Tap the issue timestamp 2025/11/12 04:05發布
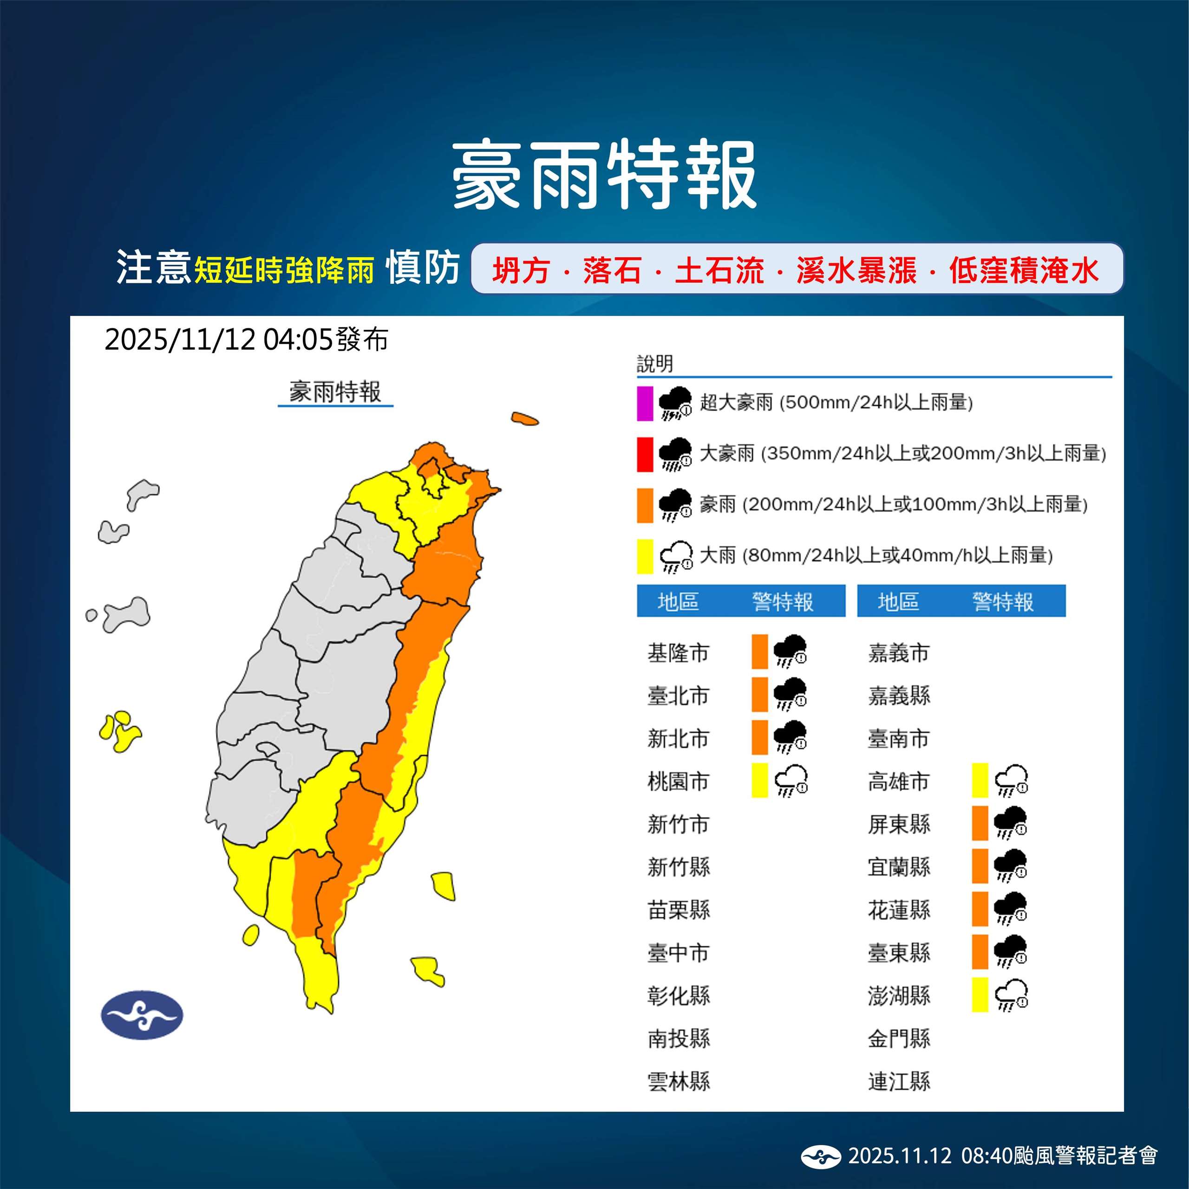[x=246, y=339]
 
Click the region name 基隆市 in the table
[x=678, y=653]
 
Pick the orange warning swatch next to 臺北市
[x=759, y=694]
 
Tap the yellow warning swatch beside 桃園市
[x=759, y=780]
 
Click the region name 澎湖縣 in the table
[x=899, y=995]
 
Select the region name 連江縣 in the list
[x=899, y=1081]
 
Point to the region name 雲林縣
[x=678, y=1081]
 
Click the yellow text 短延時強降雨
[x=284, y=270]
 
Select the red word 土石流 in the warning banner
[x=719, y=270]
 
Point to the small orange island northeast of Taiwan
[x=524, y=419]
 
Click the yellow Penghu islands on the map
[x=120, y=731]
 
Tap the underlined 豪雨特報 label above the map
[x=335, y=392]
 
